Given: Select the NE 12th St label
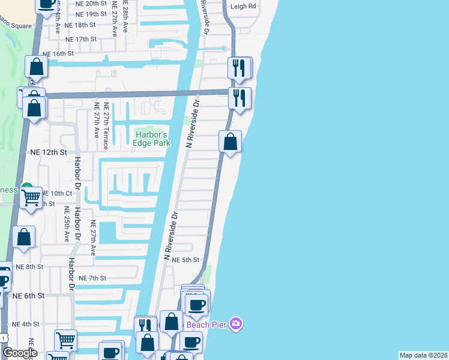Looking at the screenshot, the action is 47,153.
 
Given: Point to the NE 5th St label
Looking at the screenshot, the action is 185,260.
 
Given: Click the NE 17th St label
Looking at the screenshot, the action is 80,39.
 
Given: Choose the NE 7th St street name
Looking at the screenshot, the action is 92,278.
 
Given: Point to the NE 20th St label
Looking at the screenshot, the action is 91,3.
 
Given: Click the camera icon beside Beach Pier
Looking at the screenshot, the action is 237,324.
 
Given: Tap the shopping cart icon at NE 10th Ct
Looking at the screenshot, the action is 31,197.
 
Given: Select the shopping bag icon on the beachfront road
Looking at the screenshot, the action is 230,142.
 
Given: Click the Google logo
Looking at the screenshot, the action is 20,352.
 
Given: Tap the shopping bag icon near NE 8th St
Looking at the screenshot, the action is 24,237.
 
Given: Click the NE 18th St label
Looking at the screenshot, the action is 80,25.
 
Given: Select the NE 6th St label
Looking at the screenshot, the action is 28,296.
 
